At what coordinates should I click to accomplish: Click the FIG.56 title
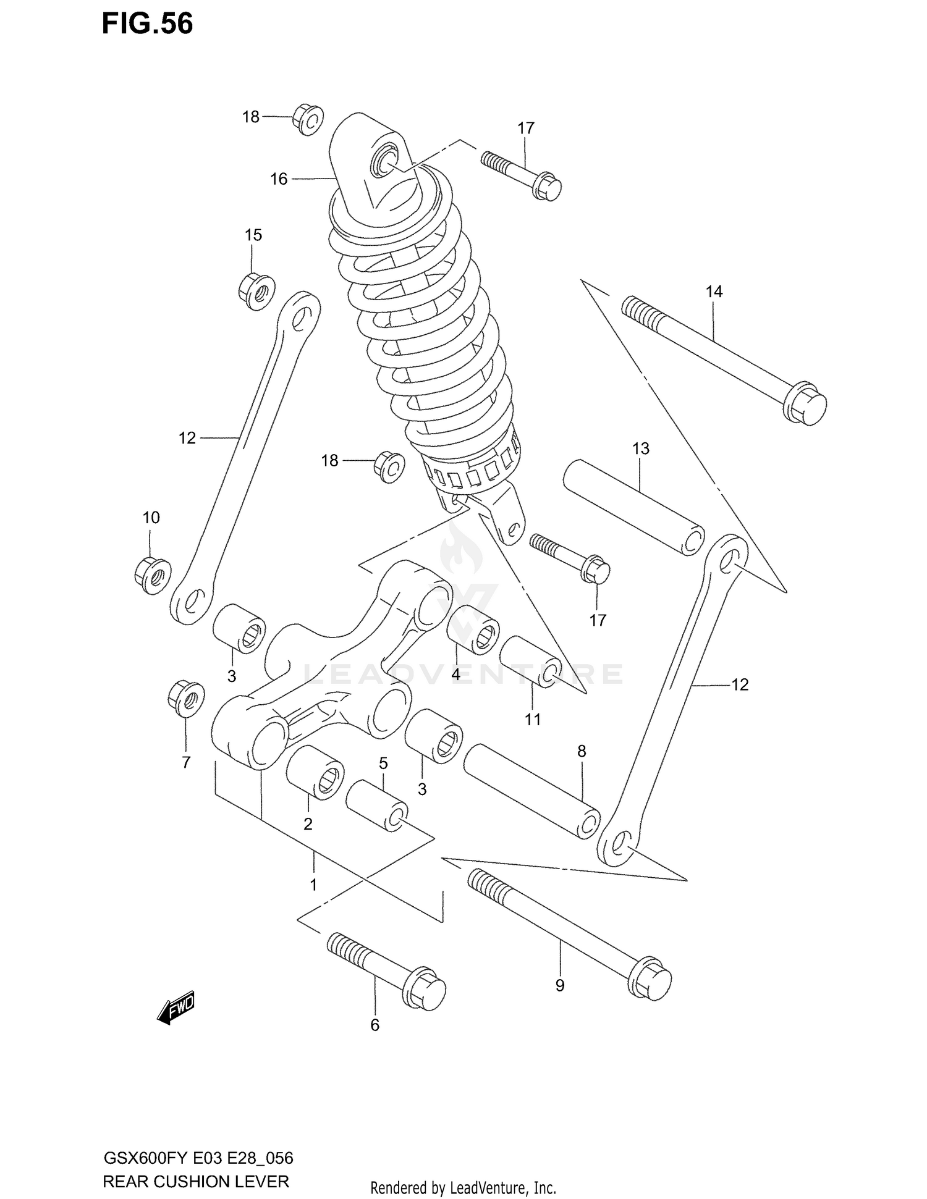coord(147,23)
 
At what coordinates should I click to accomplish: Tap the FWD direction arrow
coord(177,1009)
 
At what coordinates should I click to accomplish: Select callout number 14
coord(714,292)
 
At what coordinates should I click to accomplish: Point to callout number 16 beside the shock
coord(279,179)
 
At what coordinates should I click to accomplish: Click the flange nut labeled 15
coord(256,290)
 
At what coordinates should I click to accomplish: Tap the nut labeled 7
coord(186,699)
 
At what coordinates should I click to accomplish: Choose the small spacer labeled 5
coord(376,806)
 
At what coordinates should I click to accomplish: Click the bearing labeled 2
coord(315,772)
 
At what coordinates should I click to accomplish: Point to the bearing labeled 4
coord(473,629)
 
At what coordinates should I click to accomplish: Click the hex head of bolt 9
coord(650,978)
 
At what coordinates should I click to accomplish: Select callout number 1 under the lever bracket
coord(313,885)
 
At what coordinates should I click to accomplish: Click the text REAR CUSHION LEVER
coord(195,1182)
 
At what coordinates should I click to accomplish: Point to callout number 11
coord(533,719)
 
